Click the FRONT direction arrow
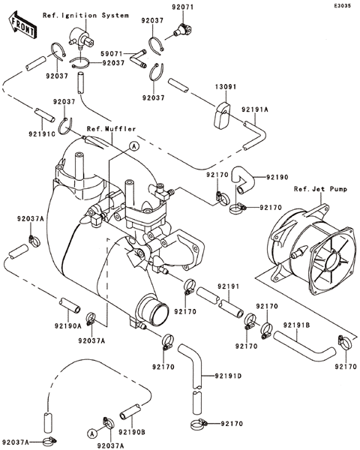click(22, 25)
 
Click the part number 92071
click(183, 7)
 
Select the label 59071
click(112, 54)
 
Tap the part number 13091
click(226, 86)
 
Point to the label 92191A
click(255, 109)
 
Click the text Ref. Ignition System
click(85, 15)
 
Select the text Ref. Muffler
click(112, 129)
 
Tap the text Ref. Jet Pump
click(320, 189)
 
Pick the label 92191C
click(42, 133)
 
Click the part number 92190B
click(132, 432)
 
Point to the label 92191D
click(228, 376)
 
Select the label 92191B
click(296, 325)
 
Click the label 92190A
click(68, 325)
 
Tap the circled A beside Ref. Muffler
click(133, 146)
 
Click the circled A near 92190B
click(92, 433)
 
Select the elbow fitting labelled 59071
click(137, 59)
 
